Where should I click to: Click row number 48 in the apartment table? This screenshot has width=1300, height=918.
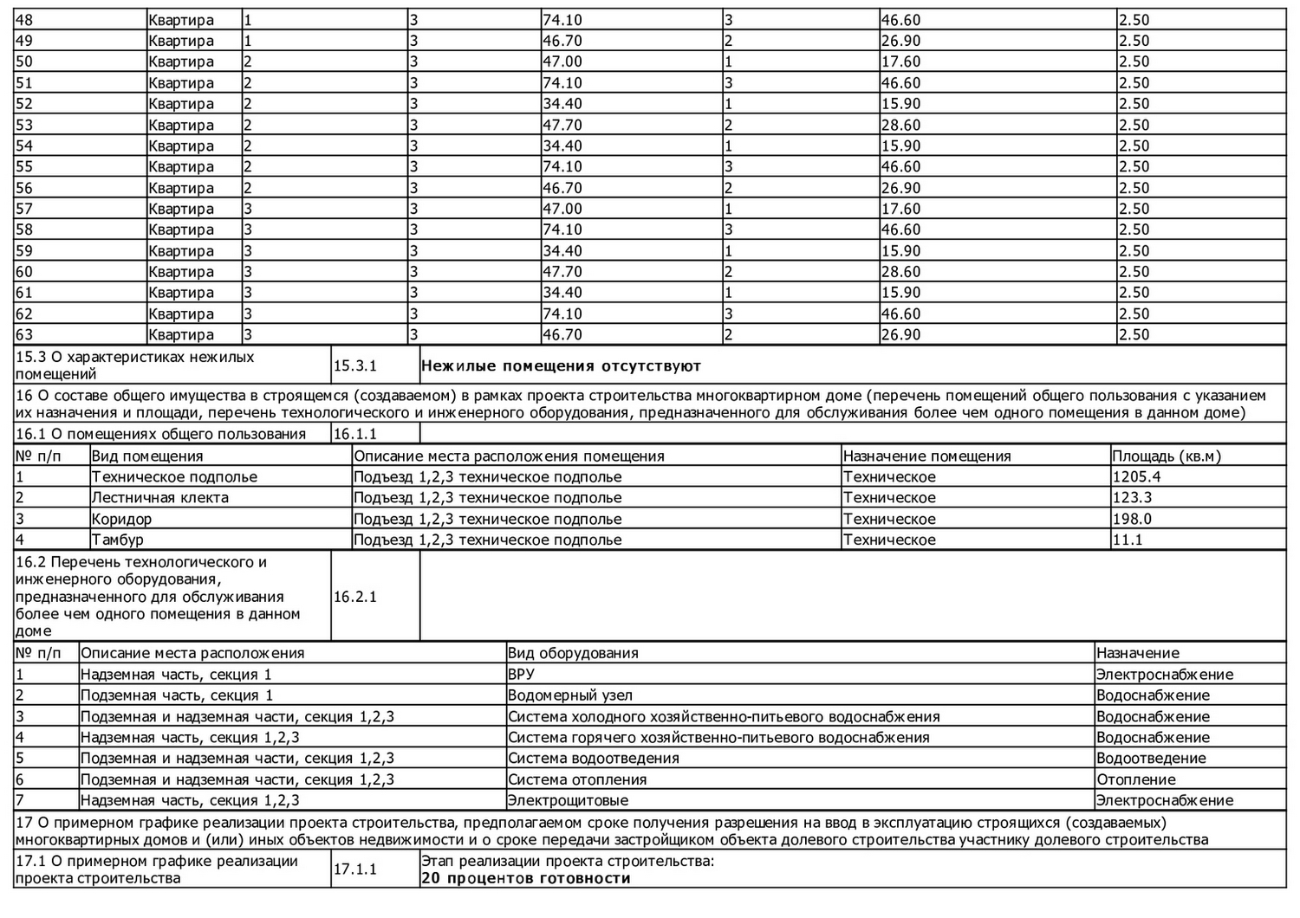[24, 20]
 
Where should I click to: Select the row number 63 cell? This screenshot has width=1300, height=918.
[24, 335]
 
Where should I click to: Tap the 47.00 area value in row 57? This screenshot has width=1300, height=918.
[562, 209]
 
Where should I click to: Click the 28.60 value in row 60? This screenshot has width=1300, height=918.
[900, 272]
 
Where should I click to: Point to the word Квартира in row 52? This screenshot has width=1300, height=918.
[181, 104]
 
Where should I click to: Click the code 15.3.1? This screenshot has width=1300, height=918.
[355, 365]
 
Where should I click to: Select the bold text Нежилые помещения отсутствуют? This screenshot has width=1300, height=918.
[561, 365]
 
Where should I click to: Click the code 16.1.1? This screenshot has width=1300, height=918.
[355, 434]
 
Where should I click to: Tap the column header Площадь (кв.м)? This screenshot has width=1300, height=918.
[1167, 456]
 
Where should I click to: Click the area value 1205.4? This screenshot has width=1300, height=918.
[1137, 477]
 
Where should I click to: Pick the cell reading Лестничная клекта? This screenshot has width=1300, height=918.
[160, 498]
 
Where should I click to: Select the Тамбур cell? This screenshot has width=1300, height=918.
[118, 540]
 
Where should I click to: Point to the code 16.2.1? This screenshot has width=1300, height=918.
[355, 597]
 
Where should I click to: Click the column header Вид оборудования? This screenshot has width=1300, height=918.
[573, 653]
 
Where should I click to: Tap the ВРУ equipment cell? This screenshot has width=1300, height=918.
[522, 675]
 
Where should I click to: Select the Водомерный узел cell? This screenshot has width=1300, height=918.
[570, 695]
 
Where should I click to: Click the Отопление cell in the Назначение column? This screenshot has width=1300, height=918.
[1136, 779]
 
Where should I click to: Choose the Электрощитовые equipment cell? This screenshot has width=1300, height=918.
[569, 801]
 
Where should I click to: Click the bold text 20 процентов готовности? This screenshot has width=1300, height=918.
[526, 878]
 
